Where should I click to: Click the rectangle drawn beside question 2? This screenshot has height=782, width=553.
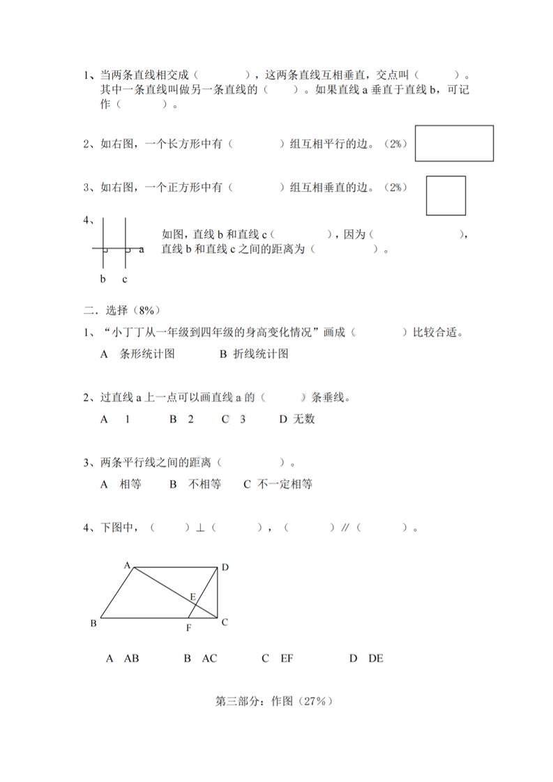(x=454, y=144)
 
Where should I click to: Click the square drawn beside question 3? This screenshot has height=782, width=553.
(x=446, y=196)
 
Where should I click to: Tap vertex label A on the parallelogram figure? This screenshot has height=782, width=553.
(x=128, y=565)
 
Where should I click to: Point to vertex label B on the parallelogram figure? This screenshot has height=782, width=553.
(x=93, y=623)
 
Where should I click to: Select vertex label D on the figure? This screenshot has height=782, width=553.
(x=225, y=567)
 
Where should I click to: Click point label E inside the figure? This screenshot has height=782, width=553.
(x=193, y=596)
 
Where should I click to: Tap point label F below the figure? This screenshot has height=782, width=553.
(x=188, y=628)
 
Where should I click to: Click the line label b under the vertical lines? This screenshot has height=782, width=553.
(x=103, y=279)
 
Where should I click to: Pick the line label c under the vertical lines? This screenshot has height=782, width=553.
(x=125, y=279)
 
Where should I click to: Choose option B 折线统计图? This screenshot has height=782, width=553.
(x=254, y=354)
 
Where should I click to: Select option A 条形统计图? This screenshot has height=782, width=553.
(x=137, y=354)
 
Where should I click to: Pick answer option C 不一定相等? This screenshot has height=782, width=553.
(x=278, y=484)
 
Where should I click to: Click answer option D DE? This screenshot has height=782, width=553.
(x=367, y=658)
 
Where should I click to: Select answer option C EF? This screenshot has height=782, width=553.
(x=278, y=658)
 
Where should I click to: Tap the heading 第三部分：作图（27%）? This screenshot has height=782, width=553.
(x=275, y=702)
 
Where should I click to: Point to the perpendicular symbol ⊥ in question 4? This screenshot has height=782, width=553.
(x=199, y=528)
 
